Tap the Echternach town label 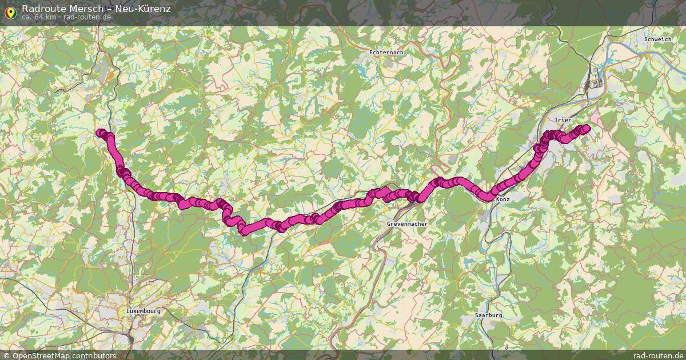pyautogui.click(x=386, y=53)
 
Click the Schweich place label pyautogui.click(x=657, y=39)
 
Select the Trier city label pyautogui.click(x=563, y=120)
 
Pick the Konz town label pyautogui.click(x=503, y=199)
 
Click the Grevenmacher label pyautogui.click(x=407, y=224)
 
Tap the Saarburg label pyautogui.click(x=489, y=315)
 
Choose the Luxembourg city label pyautogui.click(x=143, y=311)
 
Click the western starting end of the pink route pyautogui.click(x=100, y=133)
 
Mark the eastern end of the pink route pyautogui.click(x=586, y=129)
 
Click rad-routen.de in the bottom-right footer pyautogui.click(x=659, y=355)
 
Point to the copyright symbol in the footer pyautogui.click(x=5, y=355)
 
